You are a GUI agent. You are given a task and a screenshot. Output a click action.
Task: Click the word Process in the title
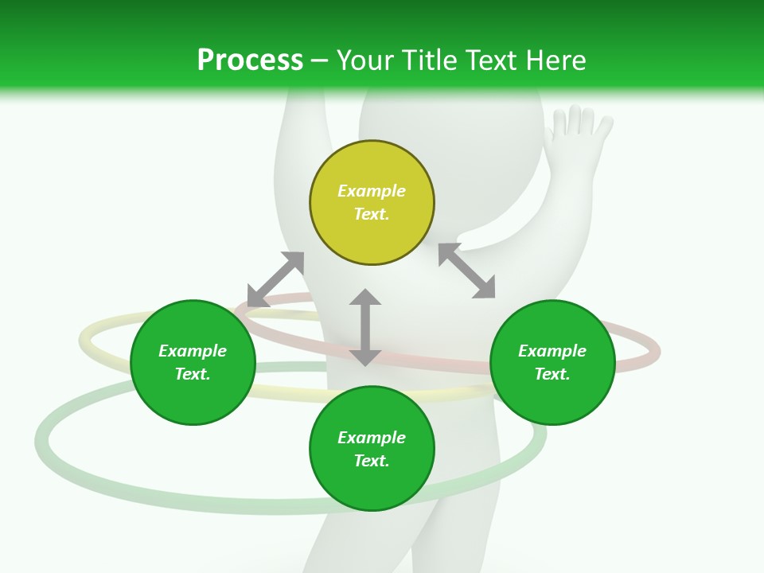250,60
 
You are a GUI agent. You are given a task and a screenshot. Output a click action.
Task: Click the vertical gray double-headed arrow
365,327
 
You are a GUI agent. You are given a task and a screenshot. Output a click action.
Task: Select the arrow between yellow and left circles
275,279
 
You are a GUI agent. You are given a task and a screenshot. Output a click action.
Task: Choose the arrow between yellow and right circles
467,271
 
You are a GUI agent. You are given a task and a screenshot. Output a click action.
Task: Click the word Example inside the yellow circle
372,191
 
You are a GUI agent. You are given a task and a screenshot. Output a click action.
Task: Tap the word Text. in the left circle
193,374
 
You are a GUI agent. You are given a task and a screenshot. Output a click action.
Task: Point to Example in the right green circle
552,351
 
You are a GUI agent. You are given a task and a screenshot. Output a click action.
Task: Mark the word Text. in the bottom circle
372,461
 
